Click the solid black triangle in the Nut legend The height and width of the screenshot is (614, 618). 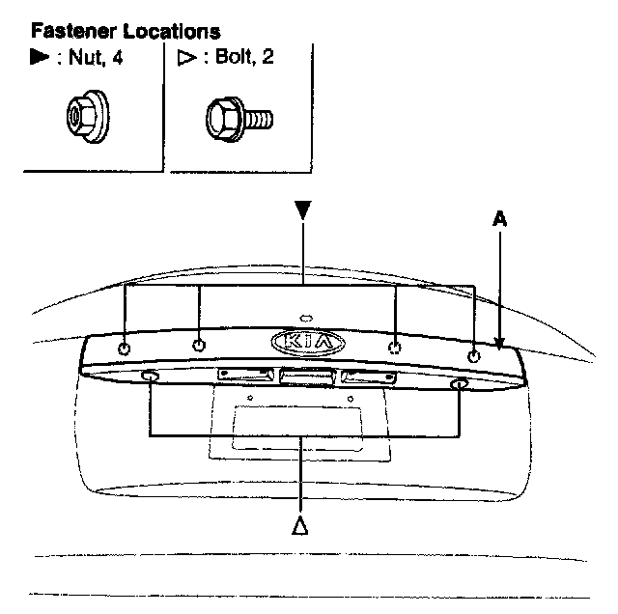41,58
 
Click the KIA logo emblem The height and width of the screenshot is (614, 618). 308,343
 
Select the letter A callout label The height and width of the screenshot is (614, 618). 499,219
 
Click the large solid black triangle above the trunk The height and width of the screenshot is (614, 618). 303,209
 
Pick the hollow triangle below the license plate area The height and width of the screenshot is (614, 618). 301,525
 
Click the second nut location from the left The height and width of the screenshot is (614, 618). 199,345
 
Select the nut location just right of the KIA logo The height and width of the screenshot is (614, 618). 394,347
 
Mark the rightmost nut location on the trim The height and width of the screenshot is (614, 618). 473,356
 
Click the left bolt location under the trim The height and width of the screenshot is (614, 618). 151,377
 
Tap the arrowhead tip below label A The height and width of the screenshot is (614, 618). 499,344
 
